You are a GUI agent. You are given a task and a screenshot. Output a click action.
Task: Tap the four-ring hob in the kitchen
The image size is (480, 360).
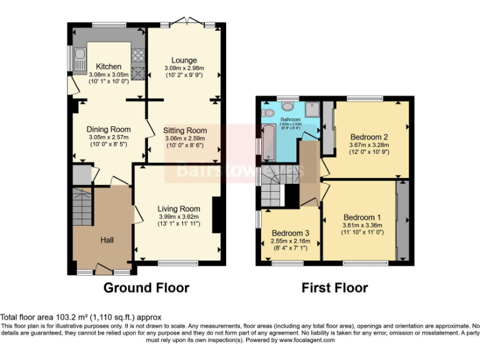138,72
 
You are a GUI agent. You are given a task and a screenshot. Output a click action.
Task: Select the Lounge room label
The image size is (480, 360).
181,60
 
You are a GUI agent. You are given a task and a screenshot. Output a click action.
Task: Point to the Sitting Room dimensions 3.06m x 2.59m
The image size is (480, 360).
185,138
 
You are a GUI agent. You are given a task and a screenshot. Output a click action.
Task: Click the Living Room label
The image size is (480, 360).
179,209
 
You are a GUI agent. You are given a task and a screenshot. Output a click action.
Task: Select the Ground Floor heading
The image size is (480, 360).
146,287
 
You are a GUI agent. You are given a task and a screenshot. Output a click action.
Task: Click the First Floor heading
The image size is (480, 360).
334,287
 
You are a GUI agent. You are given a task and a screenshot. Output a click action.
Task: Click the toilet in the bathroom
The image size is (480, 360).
269,112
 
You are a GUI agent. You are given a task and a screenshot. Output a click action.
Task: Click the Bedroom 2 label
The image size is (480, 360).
369,137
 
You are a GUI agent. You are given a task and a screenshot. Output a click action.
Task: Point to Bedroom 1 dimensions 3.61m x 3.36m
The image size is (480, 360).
362,226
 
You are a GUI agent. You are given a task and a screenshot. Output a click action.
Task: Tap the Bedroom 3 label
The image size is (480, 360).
291,233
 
